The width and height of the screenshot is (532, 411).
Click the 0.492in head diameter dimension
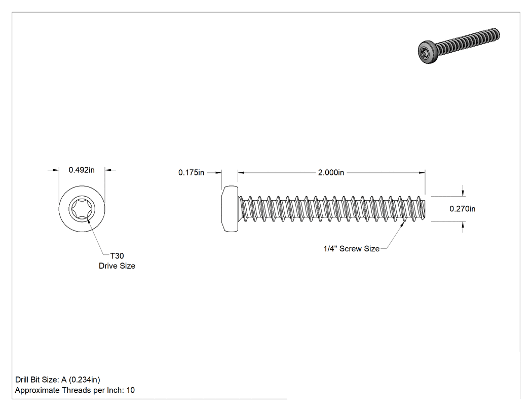(x=82, y=170)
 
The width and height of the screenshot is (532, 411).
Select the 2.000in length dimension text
(x=331, y=173)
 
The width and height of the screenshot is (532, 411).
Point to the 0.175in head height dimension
(x=192, y=173)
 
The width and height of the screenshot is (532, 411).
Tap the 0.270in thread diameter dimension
(x=463, y=209)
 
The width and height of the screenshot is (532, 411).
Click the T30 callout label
(x=117, y=256)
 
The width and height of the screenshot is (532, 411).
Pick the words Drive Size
(x=117, y=266)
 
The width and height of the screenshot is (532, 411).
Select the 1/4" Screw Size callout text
(x=352, y=249)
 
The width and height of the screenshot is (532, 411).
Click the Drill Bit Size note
(x=58, y=380)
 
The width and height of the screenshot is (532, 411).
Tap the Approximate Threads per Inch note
(x=74, y=390)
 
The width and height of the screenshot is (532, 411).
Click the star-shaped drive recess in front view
(x=82, y=209)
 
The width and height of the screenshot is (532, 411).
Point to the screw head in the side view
(x=230, y=209)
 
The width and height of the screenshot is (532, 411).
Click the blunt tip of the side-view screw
(x=424, y=209)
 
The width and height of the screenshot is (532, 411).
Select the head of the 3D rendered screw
(x=427, y=52)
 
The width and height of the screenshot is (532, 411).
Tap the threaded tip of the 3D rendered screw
(x=496, y=34)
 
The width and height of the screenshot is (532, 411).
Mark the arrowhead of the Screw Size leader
(x=403, y=225)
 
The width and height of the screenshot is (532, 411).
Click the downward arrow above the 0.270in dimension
(x=463, y=193)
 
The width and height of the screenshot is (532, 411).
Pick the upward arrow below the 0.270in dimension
(x=463, y=225)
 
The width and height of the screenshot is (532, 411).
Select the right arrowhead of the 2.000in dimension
(x=422, y=173)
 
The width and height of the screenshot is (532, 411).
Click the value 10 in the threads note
(x=131, y=390)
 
